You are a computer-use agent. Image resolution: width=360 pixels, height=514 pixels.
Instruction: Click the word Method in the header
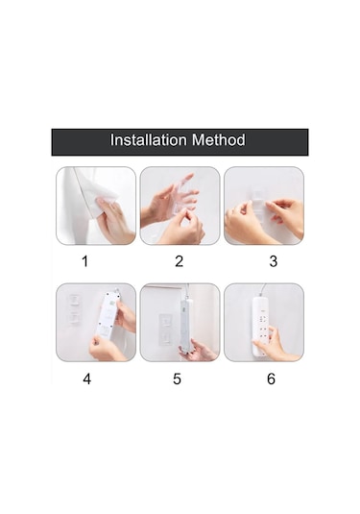220,140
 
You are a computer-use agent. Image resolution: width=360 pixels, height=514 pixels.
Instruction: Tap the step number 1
84,260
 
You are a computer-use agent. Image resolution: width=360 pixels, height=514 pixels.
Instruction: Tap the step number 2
179,260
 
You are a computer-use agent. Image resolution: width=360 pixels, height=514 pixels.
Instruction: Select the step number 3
273,260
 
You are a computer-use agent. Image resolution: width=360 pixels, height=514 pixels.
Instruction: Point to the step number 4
86,379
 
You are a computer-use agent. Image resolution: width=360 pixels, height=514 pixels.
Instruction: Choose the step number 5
178,379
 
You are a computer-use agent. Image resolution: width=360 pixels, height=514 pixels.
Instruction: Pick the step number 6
271,379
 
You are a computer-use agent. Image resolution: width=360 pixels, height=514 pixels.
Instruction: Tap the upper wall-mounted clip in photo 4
73,302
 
